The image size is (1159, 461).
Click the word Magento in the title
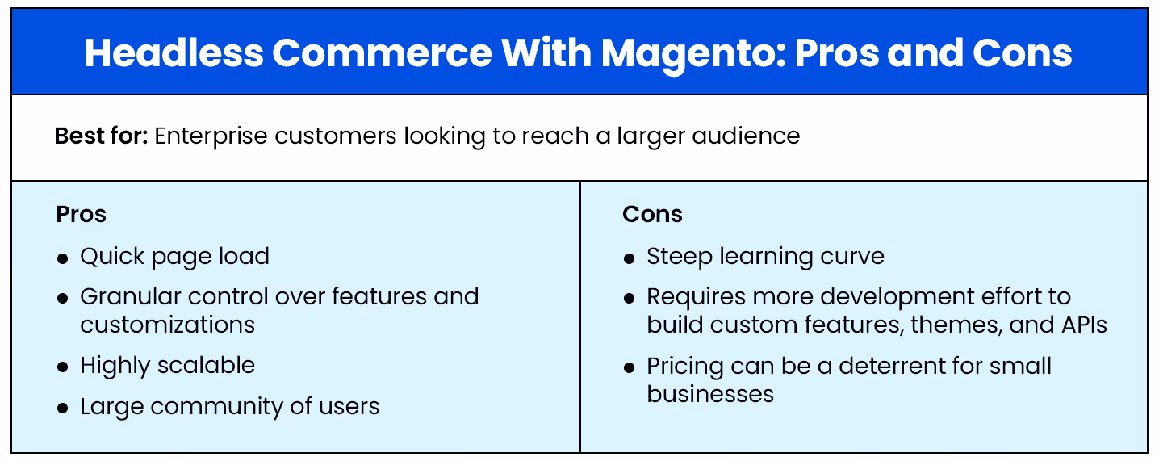692,53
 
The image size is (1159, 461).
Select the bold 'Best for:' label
101,136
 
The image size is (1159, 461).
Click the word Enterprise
211,136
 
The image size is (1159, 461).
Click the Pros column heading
82,214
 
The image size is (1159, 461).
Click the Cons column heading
652,214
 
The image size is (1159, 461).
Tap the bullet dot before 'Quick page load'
63,258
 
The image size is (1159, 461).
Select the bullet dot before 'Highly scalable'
63,367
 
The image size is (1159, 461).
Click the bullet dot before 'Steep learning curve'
630,258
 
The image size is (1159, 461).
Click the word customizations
168,325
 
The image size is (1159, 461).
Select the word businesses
710,394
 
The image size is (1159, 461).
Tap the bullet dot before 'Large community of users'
63,409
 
